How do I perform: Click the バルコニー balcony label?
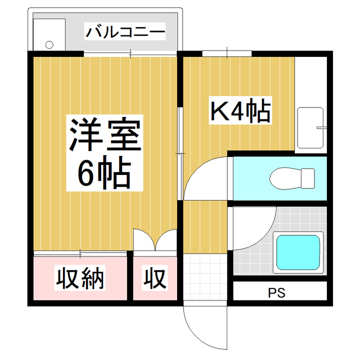pyautogui.click(x=125, y=31)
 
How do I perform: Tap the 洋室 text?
pyautogui.click(x=104, y=134)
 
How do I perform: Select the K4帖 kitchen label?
pyautogui.click(x=241, y=111)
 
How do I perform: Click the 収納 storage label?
pyautogui.click(x=80, y=278)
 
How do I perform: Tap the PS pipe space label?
pyautogui.click(x=276, y=293)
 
